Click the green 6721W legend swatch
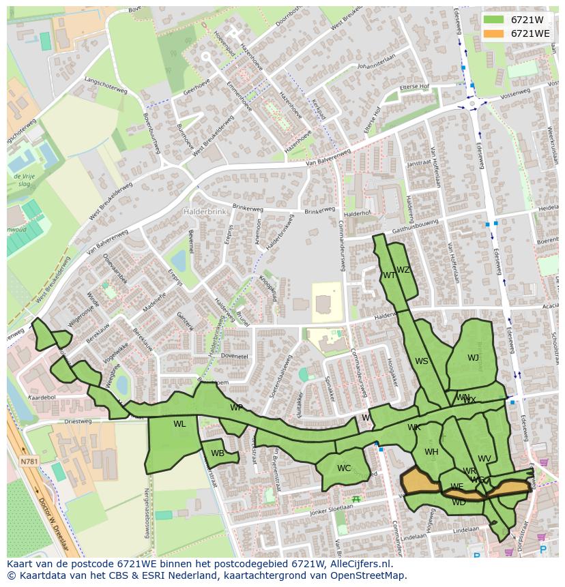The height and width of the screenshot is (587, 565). pos(494,20)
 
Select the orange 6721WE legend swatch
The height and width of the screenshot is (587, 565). pos(494,33)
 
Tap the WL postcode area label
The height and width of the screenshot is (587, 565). pos(179,424)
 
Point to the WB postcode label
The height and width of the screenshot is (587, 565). pos(218,453)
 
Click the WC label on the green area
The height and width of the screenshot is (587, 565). pos(344,468)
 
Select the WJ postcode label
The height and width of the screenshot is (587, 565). pos(473,358)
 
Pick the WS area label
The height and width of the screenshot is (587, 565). pos(422,361)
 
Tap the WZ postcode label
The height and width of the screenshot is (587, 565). pos(403,270)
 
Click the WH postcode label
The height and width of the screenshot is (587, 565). pos(431,452)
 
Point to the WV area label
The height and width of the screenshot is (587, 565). pos(484,459)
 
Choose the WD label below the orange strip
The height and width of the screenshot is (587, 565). pos(459,502)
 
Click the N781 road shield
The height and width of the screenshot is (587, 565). pos(29,462)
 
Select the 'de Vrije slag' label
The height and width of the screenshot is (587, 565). pos(24,179)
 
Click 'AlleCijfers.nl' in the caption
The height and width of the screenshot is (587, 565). pos(360,564)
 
